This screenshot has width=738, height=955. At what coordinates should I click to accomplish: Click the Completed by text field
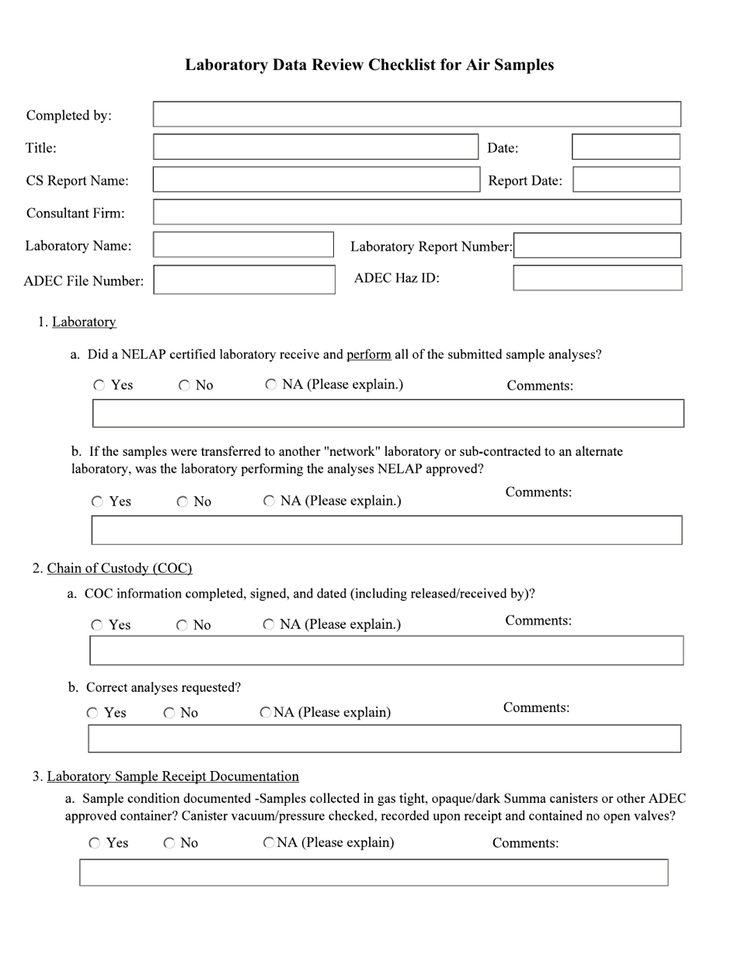click(416, 114)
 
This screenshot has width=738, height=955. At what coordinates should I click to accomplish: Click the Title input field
click(315, 147)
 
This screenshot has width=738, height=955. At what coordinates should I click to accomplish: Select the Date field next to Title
click(625, 147)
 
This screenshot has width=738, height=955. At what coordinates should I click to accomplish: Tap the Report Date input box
click(626, 179)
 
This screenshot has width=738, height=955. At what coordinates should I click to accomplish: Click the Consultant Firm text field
click(416, 212)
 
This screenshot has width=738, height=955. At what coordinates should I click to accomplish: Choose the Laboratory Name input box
click(243, 245)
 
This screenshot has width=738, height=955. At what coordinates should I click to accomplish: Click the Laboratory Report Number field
click(597, 245)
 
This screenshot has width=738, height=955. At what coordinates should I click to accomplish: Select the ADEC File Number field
click(244, 280)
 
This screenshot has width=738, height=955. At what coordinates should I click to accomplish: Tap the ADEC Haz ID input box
click(597, 278)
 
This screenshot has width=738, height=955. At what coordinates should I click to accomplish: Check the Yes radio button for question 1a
click(99, 385)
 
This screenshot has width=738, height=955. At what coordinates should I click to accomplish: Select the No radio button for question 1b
click(183, 502)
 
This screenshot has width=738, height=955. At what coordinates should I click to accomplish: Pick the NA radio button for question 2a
click(269, 624)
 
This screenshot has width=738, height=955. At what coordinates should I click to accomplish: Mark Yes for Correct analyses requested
click(92, 713)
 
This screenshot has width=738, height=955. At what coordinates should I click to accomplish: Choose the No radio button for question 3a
click(169, 843)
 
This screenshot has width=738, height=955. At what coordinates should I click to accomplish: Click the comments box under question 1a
click(388, 413)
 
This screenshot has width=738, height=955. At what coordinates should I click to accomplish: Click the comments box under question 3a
click(373, 872)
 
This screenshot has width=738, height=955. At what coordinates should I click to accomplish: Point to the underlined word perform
click(368, 355)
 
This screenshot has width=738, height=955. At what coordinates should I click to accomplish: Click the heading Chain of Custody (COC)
click(120, 568)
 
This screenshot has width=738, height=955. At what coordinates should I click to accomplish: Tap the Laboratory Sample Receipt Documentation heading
click(172, 776)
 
